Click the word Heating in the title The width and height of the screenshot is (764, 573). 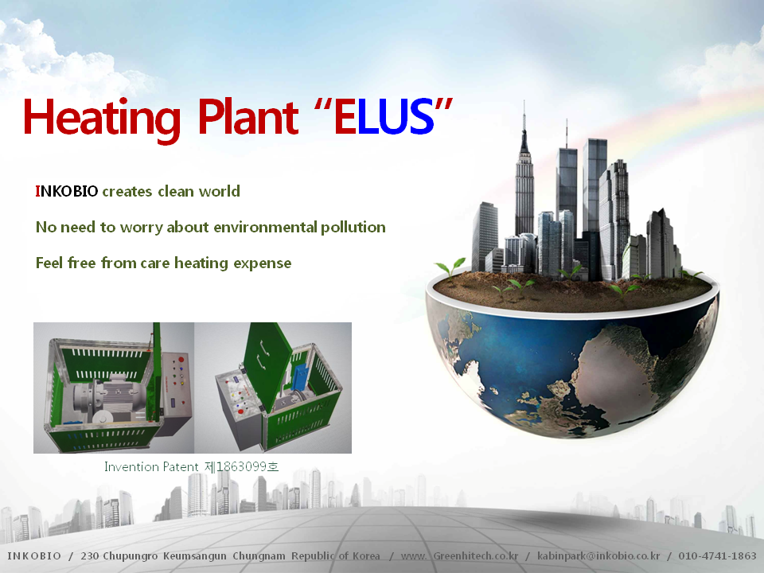click(102, 118)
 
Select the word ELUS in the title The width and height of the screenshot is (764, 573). click(384, 116)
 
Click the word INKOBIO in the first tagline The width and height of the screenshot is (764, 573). click(67, 191)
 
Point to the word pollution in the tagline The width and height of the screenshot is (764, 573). click(353, 227)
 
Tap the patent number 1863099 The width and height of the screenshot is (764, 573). click(241, 467)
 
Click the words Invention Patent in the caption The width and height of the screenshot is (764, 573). click(151, 467)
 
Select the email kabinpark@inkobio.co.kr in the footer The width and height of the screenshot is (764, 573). click(598, 556)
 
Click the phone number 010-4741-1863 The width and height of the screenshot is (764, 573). click(717, 556)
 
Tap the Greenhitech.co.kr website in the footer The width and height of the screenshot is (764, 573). click(476, 556)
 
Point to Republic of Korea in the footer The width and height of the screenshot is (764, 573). click(335, 556)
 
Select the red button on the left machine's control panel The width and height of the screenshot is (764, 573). click(181, 360)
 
